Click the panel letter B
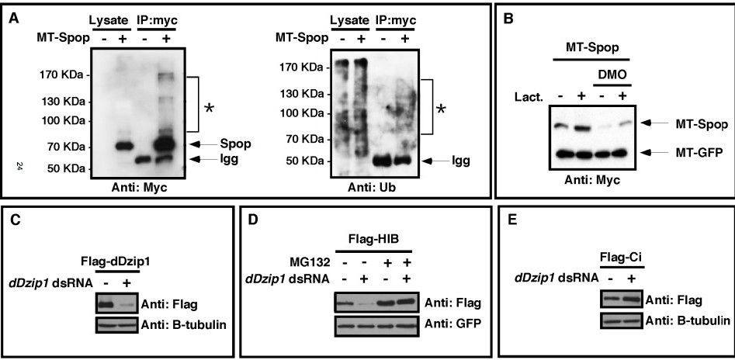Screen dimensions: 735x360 pyautogui.click(x=508, y=19)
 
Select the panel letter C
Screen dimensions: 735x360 pyautogui.click(x=15, y=220)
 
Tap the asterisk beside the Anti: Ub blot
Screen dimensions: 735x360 pyautogui.click(x=440, y=110)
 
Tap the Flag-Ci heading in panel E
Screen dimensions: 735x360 pyautogui.click(x=622, y=259)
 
